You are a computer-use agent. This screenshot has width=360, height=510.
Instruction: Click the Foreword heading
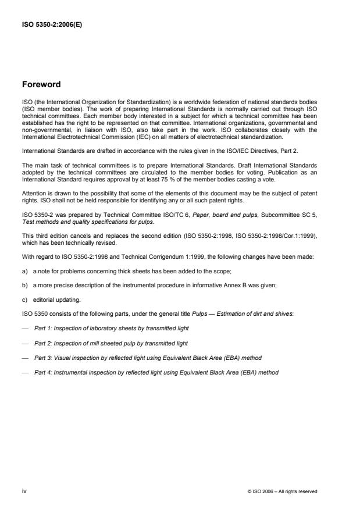click(41, 84)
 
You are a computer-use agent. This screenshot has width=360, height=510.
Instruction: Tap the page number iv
click(24, 491)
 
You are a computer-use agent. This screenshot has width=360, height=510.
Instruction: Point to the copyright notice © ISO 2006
click(281, 491)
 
